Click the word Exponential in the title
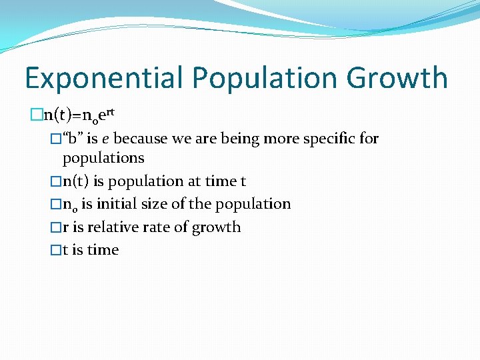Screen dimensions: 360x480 103,78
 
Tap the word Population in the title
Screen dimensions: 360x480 265,78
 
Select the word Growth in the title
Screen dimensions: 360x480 397,78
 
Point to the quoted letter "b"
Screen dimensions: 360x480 73,139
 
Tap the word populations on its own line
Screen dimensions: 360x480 103,158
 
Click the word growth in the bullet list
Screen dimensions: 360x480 216,227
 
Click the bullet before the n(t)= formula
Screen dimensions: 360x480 37,115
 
